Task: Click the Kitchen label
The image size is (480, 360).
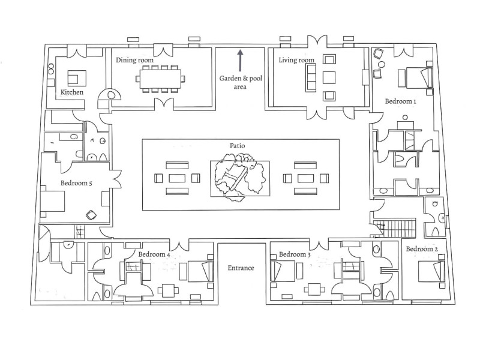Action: pos(72,92)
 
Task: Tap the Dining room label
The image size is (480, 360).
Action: pos(135,60)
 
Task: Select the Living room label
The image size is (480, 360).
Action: pos(296,60)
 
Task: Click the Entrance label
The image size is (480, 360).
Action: pos(241,268)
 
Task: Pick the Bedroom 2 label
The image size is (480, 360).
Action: pos(422,249)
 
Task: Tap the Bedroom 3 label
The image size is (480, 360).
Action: pos(295,254)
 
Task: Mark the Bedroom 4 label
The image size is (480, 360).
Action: pos(154,254)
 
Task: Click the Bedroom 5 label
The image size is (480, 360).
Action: pos(76,183)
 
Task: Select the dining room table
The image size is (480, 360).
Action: pos(160,79)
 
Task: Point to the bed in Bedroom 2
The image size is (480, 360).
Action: pos(431,271)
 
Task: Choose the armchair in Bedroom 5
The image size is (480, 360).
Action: pos(92,215)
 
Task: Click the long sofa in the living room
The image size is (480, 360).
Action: pos(310,77)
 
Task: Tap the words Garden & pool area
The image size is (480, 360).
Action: pos(240,82)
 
